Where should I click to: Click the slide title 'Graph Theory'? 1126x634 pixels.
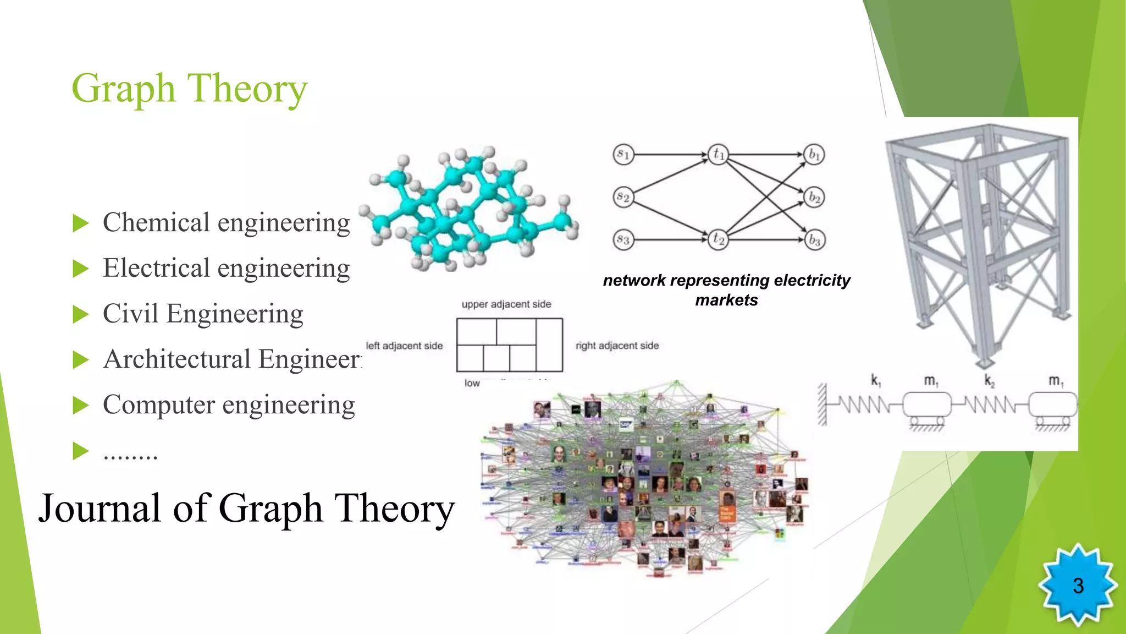189,88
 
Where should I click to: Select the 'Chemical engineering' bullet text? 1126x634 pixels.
226,223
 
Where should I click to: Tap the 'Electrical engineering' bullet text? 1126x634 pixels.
226,269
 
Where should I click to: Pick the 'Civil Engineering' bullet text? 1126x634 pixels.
203,314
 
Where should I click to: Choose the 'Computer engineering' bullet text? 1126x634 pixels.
229,405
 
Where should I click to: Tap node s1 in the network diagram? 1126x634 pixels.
623,154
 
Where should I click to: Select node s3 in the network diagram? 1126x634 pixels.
623,240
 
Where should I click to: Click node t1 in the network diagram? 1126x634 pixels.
718,154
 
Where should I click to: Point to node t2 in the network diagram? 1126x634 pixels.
718,239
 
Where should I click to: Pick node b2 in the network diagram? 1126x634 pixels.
814,197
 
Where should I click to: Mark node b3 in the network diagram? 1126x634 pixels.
814,241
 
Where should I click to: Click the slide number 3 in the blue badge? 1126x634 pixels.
1078,586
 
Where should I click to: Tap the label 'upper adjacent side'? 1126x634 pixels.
506,304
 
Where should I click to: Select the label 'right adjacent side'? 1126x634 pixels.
617,346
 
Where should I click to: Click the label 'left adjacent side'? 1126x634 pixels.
404,346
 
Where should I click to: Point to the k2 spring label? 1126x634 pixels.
989,381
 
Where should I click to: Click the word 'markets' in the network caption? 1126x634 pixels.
726,300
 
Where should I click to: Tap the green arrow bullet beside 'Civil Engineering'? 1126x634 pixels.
81,315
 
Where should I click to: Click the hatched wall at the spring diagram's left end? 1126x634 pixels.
822,405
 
